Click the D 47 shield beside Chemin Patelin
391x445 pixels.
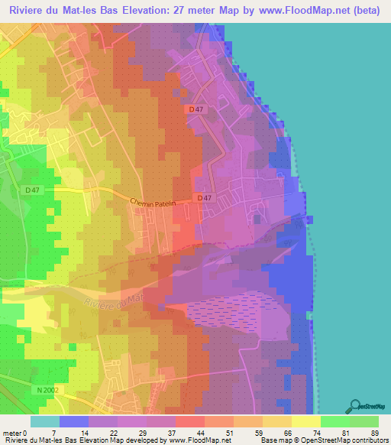(204, 199)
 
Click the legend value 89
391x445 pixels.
(375, 432)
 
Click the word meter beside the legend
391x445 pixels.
(11, 432)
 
